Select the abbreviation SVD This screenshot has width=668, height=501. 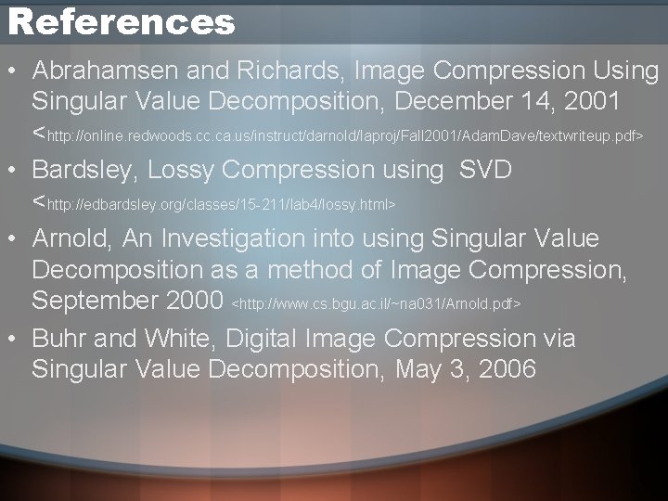click(486, 170)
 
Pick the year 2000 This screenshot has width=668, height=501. click(191, 302)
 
